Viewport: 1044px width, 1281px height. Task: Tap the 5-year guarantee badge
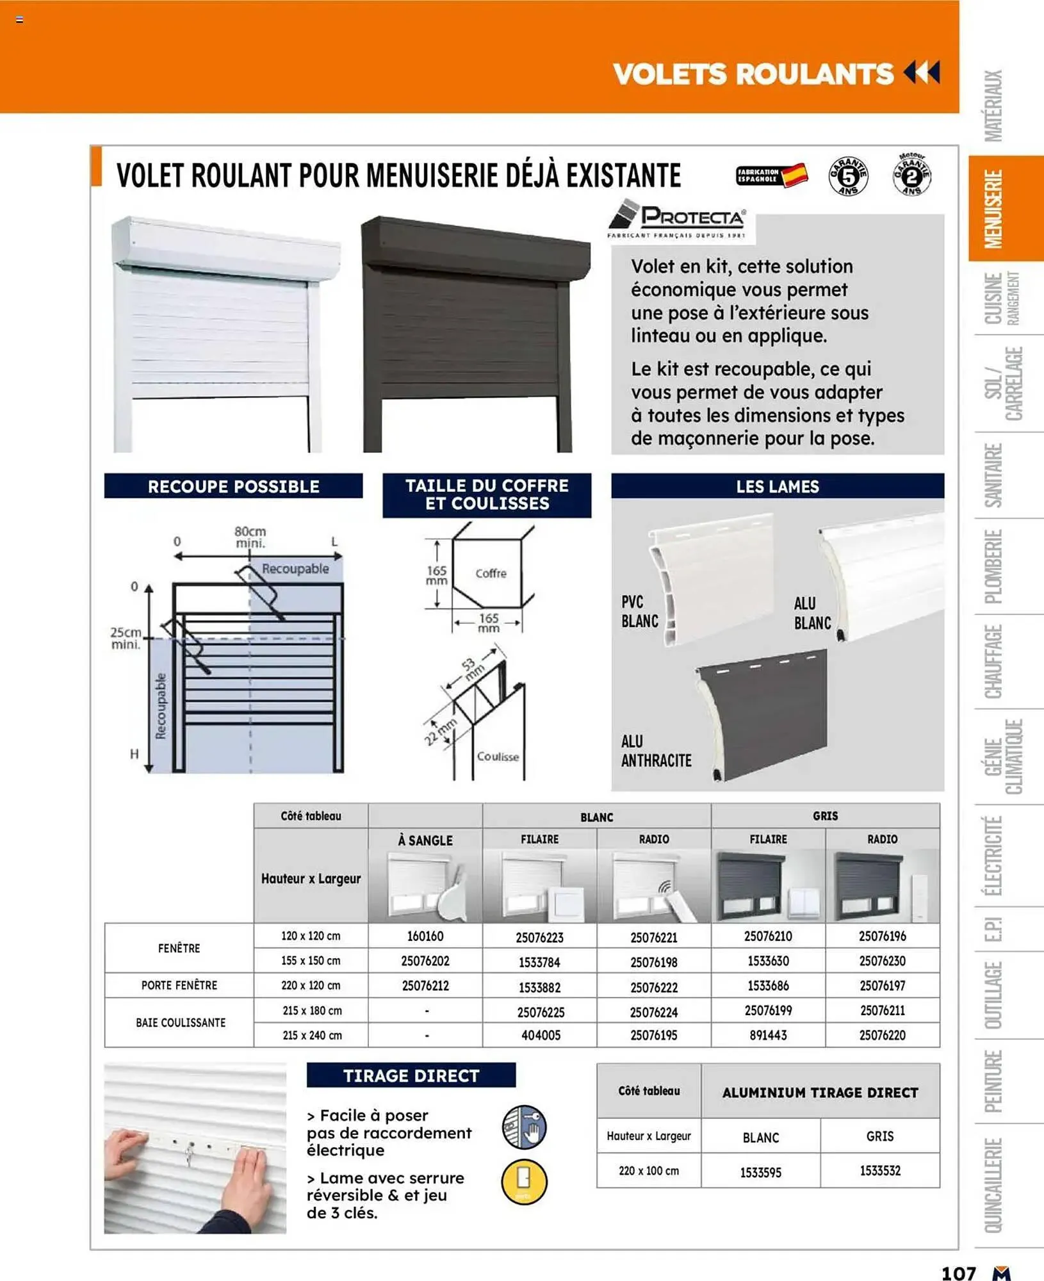[x=848, y=175]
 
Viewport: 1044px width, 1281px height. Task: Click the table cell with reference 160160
[x=425, y=936]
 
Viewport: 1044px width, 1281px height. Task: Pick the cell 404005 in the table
[x=540, y=1035]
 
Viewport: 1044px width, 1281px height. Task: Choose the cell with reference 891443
[x=768, y=1035]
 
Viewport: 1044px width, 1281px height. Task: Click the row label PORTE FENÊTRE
[x=179, y=985]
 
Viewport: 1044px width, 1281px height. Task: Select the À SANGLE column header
[x=425, y=840]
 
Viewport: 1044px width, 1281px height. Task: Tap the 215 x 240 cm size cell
[x=311, y=1035]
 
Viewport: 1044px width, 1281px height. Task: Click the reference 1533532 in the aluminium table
[x=880, y=1171]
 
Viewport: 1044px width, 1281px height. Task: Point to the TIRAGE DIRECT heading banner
[x=411, y=1075]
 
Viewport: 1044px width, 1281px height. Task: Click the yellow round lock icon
[x=524, y=1182]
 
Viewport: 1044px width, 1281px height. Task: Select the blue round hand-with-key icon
[x=524, y=1127]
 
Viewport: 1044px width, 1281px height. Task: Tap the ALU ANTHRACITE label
[x=656, y=751]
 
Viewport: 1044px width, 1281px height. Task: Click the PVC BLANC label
[x=639, y=612]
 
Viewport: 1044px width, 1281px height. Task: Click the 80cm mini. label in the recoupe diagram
[x=250, y=537]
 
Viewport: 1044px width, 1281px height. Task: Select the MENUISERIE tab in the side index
[x=993, y=209]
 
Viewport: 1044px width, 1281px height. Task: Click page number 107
[x=958, y=1272]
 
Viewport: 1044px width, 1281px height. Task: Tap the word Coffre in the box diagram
[x=491, y=573]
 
